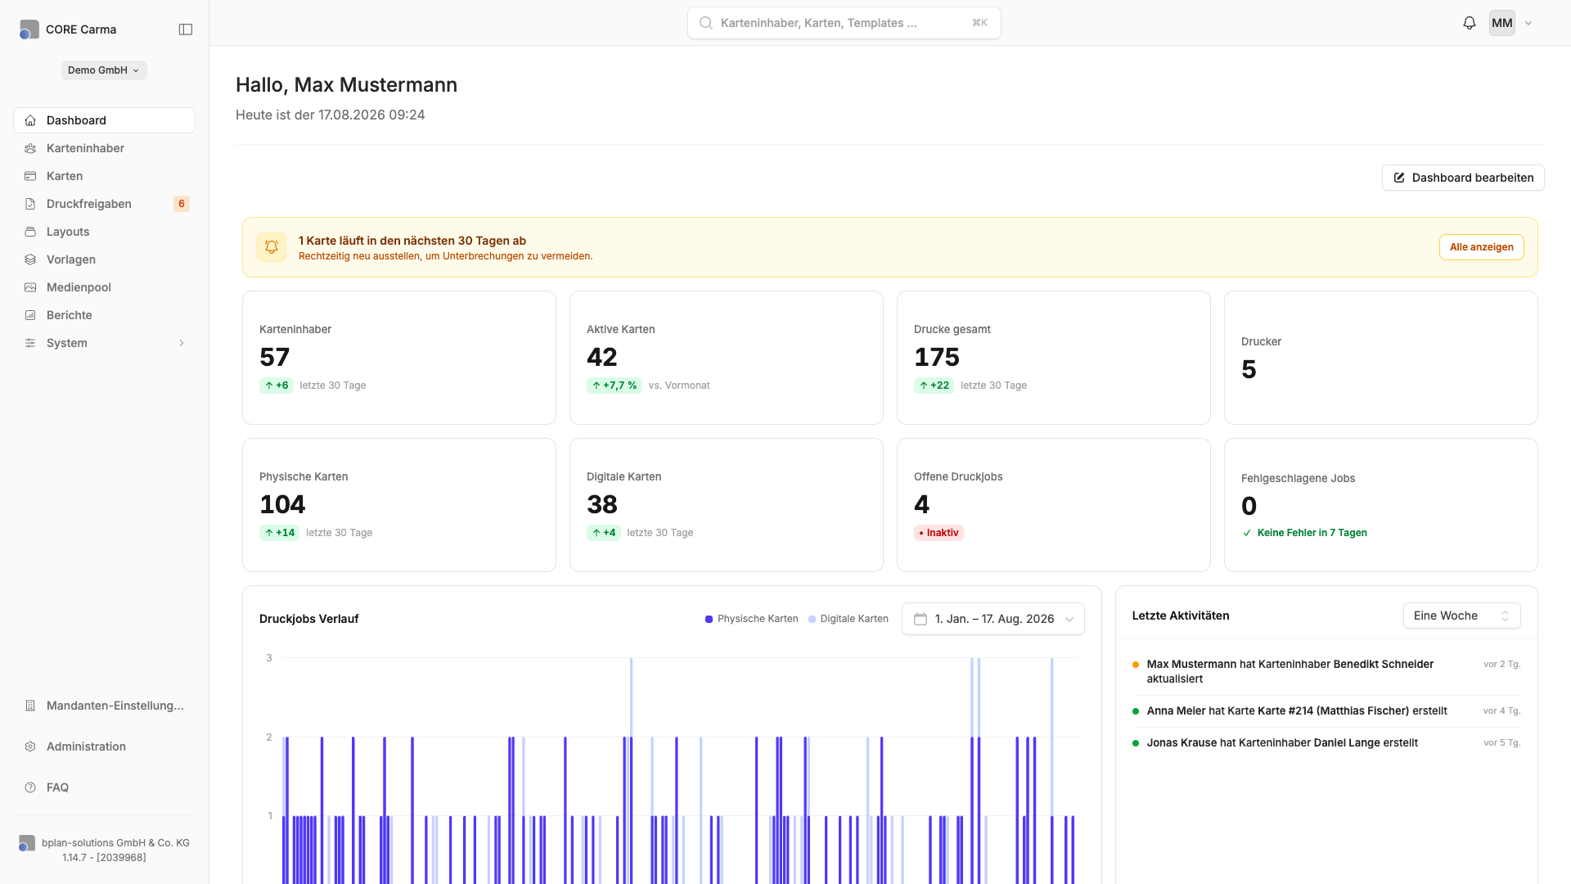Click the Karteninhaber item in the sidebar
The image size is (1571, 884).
click(x=85, y=148)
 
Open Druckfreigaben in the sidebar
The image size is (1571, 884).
click(x=88, y=204)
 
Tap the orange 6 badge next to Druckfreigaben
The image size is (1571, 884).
click(x=182, y=204)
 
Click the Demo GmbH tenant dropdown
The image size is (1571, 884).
click(x=104, y=70)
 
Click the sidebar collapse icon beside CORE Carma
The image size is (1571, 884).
click(x=186, y=29)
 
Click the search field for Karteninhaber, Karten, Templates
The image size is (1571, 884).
click(x=844, y=23)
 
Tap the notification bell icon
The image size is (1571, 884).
click(x=1470, y=23)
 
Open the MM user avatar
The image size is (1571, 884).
click(x=1502, y=23)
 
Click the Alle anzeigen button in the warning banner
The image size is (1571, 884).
click(x=1481, y=247)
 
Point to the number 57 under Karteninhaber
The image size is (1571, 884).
click(x=275, y=357)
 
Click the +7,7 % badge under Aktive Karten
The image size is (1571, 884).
click(x=614, y=386)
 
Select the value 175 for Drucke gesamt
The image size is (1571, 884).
click(x=937, y=357)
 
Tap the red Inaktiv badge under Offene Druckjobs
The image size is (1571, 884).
click(x=939, y=533)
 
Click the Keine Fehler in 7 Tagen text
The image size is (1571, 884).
click(x=1312, y=533)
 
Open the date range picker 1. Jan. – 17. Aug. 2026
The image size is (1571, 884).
click(x=993, y=619)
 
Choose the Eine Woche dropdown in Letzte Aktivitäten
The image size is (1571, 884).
click(x=1461, y=616)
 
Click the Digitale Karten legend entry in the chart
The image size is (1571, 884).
click(x=849, y=619)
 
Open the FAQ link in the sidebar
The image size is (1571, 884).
click(x=57, y=787)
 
